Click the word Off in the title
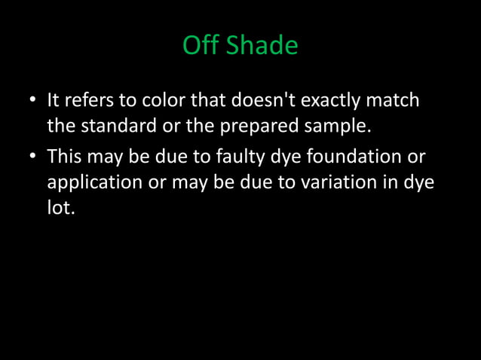(200, 46)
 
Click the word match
(397, 100)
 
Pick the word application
(96, 183)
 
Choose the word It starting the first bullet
(54, 100)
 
